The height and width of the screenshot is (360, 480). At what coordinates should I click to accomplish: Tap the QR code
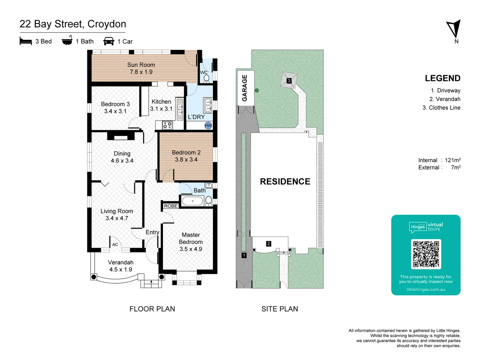[x=426, y=254]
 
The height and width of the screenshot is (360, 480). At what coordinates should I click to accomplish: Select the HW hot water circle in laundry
[x=208, y=126]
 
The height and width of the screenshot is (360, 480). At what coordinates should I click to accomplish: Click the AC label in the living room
[x=115, y=244]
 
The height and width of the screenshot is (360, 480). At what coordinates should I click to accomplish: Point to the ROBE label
[x=171, y=206]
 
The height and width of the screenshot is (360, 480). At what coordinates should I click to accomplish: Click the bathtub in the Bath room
[x=192, y=201]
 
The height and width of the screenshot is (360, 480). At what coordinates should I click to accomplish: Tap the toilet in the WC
[x=206, y=78]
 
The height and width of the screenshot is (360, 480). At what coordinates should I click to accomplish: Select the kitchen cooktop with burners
[x=167, y=125]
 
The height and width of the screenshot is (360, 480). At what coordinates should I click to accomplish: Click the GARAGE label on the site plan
[x=245, y=88]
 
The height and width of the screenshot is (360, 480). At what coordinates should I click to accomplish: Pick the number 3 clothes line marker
[x=289, y=81]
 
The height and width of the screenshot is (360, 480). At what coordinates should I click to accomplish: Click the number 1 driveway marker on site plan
[x=244, y=255]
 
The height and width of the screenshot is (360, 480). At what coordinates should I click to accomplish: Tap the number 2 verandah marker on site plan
[x=269, y=244]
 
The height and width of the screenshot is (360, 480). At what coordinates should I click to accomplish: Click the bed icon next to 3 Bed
[x=26, y=41]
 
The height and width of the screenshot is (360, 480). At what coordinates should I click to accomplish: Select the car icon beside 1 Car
[x=109, y=41]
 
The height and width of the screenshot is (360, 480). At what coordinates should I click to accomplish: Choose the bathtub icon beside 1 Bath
[x=67, y=41]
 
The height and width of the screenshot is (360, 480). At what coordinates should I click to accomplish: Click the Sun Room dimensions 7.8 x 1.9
[x=141, y=72]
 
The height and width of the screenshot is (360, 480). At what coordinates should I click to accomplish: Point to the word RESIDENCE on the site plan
[x=285, y=182]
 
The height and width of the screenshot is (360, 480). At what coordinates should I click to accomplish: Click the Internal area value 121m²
[x=453, y=160]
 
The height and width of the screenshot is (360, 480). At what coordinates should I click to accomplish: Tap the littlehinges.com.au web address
[x=426, y=289]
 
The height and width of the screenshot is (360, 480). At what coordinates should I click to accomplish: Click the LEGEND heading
[x=442, y=78]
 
